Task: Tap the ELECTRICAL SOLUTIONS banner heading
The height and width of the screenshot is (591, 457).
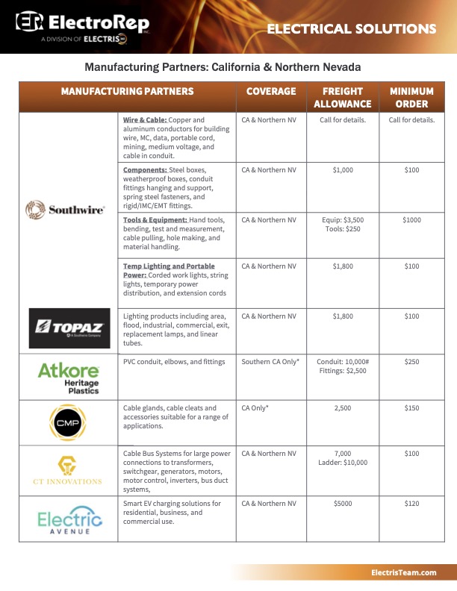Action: [x=351, y=29]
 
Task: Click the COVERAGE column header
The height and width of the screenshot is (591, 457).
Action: [x=271, y=91]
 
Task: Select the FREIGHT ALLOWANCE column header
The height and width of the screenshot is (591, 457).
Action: [x=343, y=98]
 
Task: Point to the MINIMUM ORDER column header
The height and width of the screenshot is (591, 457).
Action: [x=411, y=98]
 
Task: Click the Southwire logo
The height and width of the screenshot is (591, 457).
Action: [x=66, y=209]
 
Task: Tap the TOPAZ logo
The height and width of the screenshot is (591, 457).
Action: [x=69, y=328]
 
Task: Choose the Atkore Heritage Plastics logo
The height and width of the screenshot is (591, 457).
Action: [x=69, y=377]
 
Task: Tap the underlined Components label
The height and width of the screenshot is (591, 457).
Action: [x=145, y=170]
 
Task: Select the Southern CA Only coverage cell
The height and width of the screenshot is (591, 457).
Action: [x=270, y=362]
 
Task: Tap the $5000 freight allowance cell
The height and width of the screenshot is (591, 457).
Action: [x=343, y=504]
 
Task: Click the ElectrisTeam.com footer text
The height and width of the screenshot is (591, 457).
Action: [x=403, y=572]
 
